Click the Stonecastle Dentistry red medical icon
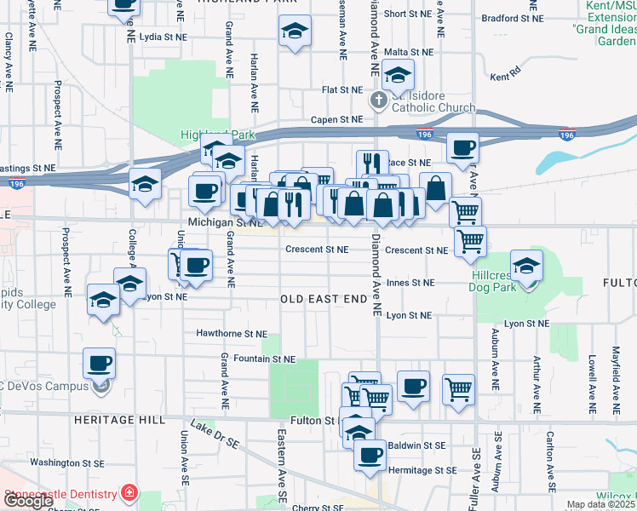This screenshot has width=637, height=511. (x=129, y=493)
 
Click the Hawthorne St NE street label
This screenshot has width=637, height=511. (x=232, y=334)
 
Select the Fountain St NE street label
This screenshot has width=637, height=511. (x=264, y=359)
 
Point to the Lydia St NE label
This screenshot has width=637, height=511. (x=163, y=37)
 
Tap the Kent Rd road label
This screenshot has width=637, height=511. (x=505, y=76)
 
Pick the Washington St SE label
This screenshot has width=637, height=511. (x=66, y=462)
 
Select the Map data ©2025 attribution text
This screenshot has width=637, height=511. (x=601, y=505)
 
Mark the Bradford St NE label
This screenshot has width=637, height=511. (x=511, y=18)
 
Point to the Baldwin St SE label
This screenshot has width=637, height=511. (x=416, y=445)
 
